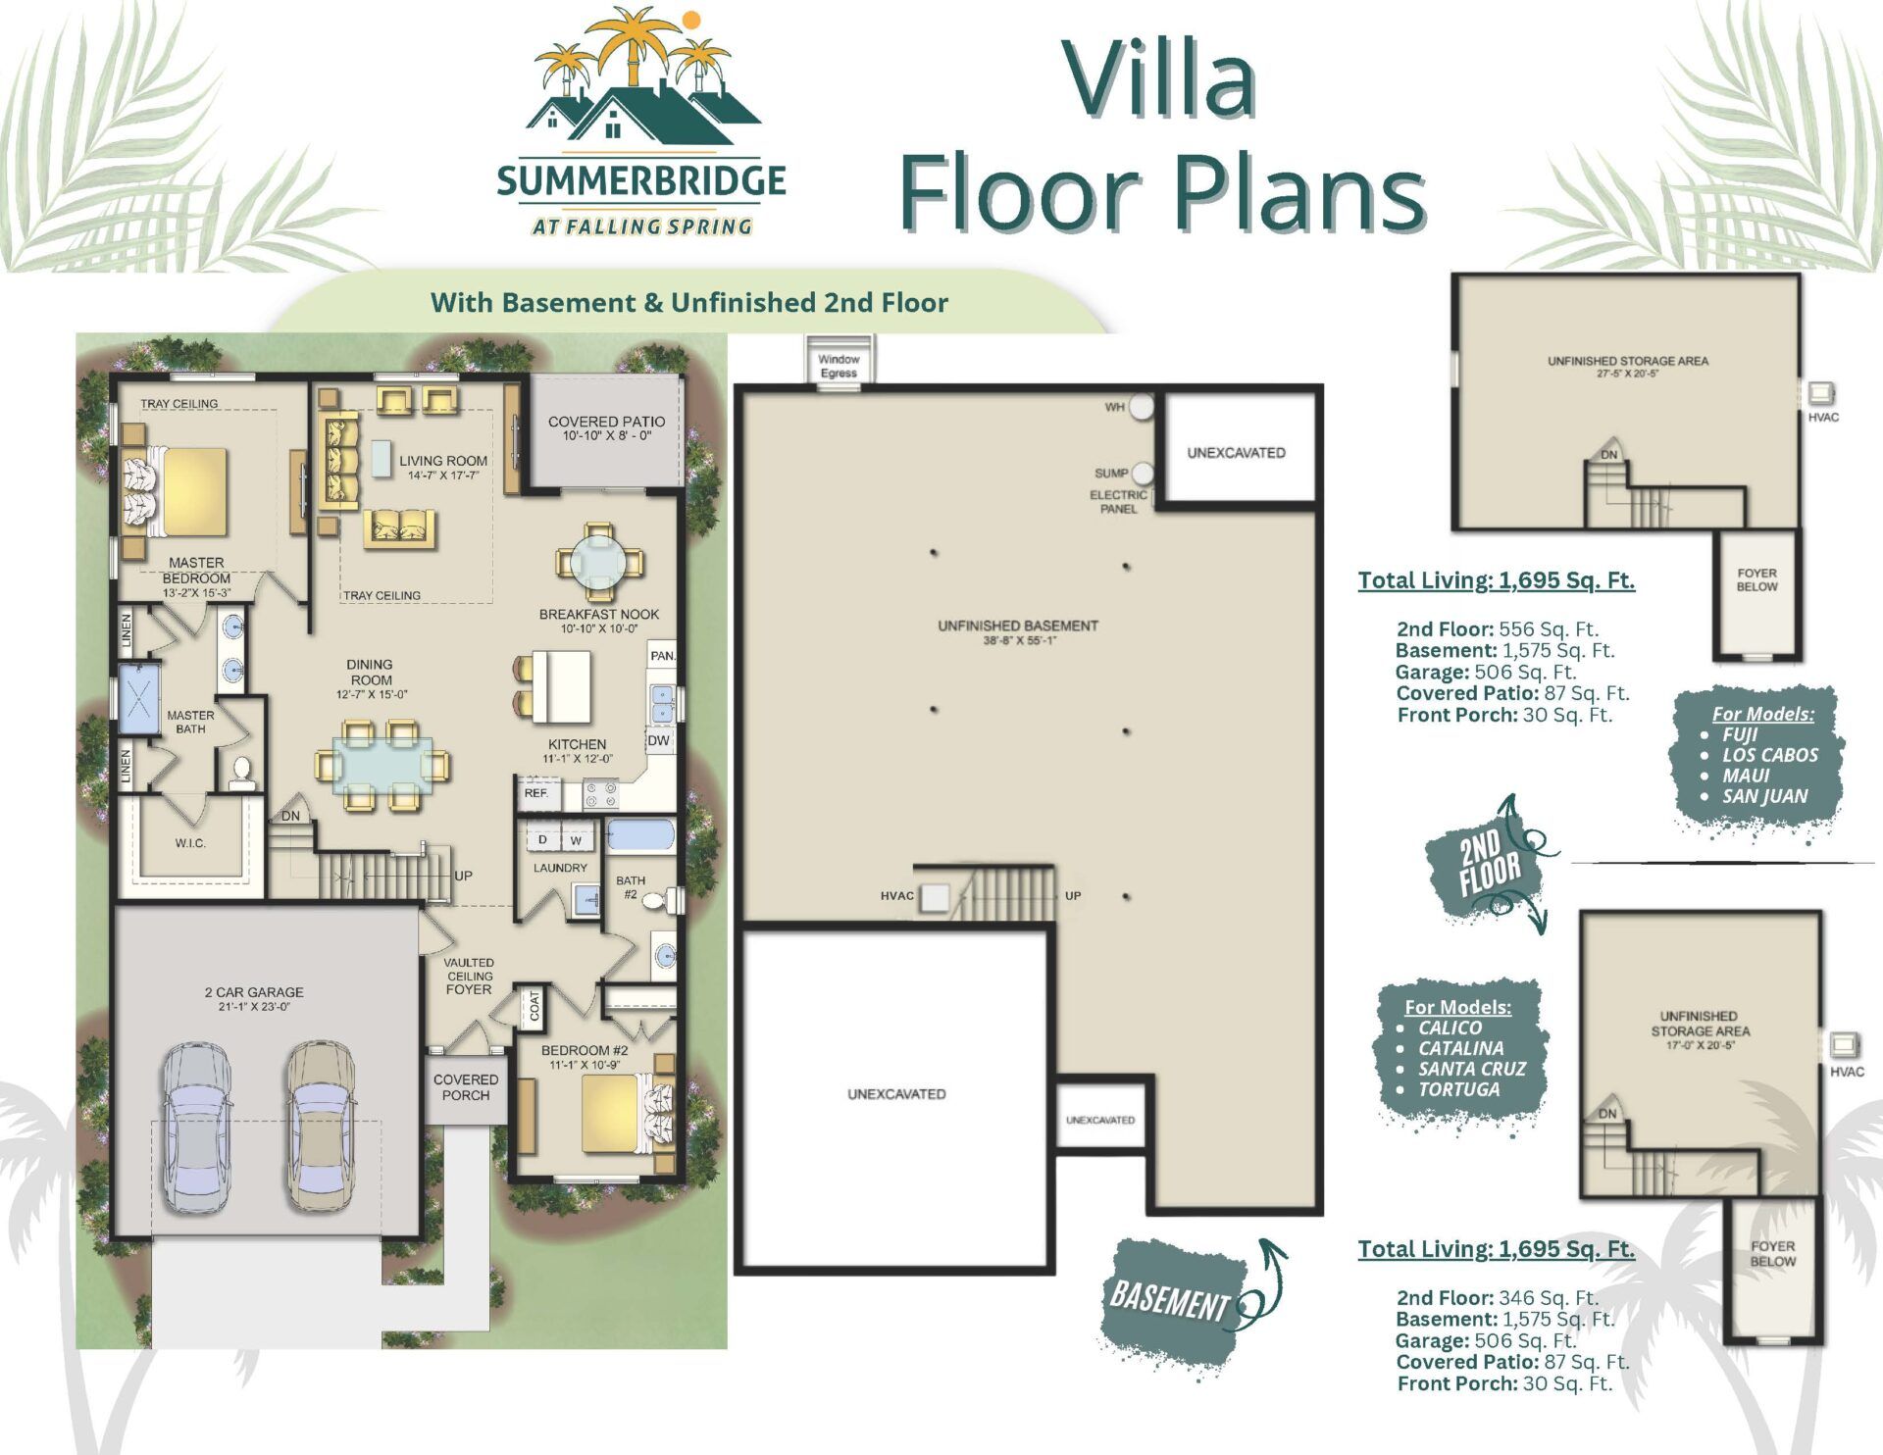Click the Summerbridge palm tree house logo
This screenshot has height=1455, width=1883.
tap(641, 123)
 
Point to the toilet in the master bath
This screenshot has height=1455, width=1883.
tap(241, 774)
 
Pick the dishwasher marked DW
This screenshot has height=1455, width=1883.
tap(659, 740)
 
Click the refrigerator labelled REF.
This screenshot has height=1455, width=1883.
tap(537, 793)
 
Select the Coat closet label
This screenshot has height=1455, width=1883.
tap(534, 1006)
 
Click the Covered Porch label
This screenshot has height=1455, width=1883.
tap(466, 1087)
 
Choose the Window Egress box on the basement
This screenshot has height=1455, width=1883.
tap(839, 363)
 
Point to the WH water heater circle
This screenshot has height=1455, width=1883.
tap(1142, 407)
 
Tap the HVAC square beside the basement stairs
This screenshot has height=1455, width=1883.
tap(935, 897)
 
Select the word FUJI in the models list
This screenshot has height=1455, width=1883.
tap(1741, 734)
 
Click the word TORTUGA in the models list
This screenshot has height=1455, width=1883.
tap(1459, 1089)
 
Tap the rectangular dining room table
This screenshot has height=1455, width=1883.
tap(382, 766)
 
